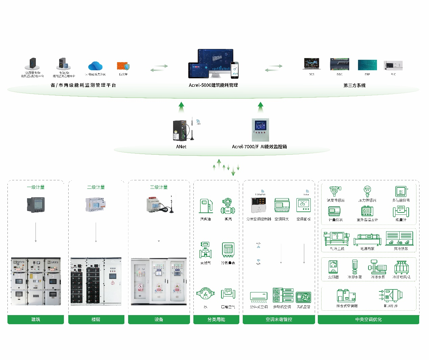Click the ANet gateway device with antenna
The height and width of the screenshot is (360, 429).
[x=181, y=130]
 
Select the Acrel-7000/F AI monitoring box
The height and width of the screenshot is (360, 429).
[x=260, y=130]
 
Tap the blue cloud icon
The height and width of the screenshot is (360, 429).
[x=95, y=66]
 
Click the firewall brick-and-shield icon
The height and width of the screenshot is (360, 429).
[x=123, y=66]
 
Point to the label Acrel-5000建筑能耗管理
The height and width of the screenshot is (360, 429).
[x=213, y=85]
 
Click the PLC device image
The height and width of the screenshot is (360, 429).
[x=393, y=65]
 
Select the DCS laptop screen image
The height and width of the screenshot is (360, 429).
[x=311, y=64]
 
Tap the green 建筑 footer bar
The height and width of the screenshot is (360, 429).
[x=35, y=319]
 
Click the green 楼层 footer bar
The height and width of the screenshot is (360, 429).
[x=96, y=319]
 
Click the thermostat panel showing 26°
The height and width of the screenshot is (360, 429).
[x=303, y=205]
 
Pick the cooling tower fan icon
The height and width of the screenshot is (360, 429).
[x=401, y=267]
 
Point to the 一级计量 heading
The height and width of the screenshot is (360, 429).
[x=35, y=187]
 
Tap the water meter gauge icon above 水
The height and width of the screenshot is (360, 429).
[x=205, y=294]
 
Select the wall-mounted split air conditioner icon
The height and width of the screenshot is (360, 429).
[x=259, y=297]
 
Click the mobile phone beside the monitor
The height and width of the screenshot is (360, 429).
[x=235, y=70]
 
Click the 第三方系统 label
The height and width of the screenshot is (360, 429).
[x=354, y=85]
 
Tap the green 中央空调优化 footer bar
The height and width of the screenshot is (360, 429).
[x=368, y=319]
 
